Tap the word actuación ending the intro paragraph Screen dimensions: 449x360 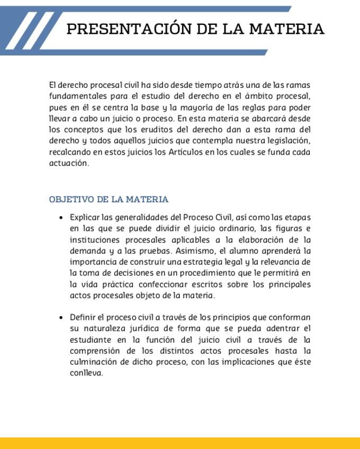pos(69,163)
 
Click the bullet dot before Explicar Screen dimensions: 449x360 pos(62,218)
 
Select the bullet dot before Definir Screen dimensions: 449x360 pos(62,318)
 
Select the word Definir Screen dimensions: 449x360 pos(83,318)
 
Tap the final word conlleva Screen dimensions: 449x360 pos(86,373)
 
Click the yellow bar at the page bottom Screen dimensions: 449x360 pos(180,443)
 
